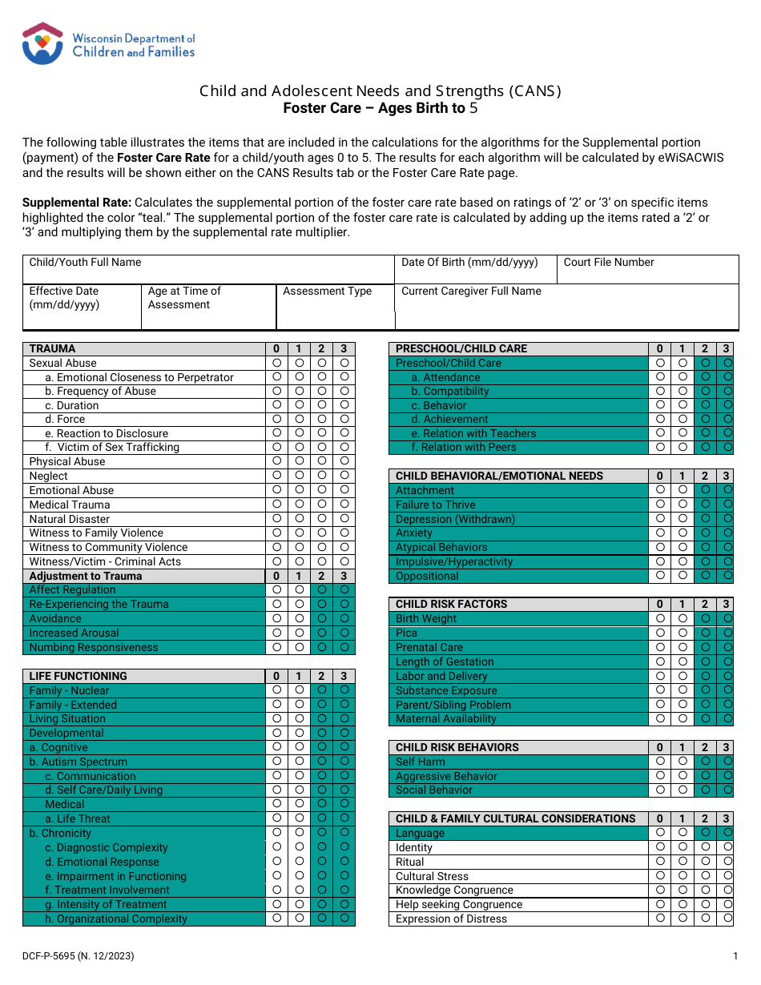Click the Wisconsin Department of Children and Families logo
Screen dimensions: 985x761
(109, 44)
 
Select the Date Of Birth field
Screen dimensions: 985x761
(476, 270)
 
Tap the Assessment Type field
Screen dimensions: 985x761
(335, 307)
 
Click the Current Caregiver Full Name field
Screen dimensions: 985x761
(566, 307)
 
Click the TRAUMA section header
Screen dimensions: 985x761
(53, 348)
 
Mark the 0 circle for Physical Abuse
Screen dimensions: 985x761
(276, 461)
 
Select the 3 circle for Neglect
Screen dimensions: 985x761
(344, 476)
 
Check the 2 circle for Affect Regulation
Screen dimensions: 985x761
(322, 589)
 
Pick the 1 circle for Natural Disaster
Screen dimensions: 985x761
(299, 519)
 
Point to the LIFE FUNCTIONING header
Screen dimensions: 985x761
(79, 676)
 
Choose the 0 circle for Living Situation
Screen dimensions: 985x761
(276, 718)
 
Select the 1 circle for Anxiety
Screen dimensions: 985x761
(682, 533)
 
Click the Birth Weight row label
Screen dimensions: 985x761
(426, 618)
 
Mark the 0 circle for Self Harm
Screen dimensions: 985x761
(660, 762)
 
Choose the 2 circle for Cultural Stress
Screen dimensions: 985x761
(705, 876)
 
